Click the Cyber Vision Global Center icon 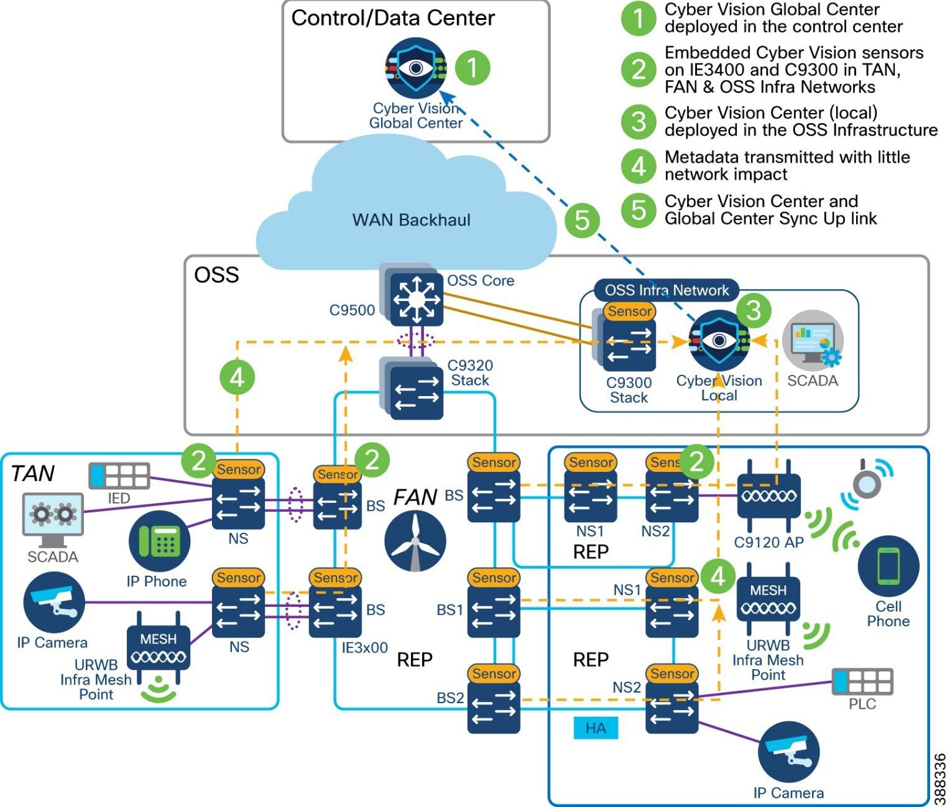coord(415,68)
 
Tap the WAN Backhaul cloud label coord(411,220)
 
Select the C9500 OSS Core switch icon coord(416,300)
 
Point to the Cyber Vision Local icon coord(719,340)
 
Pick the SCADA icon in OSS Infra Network coord(812,341)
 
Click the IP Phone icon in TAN coord(159,541)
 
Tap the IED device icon coord(119,476)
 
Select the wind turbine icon coord(415,541)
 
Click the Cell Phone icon coord(888,566)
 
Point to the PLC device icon coord(862,681)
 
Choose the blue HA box coord(596,728)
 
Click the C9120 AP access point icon coord(768,496)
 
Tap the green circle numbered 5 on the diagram coord(582,219)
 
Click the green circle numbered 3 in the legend coord(639,122)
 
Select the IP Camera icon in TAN coord(53,602)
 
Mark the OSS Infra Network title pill coord(666,290)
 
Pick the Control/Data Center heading coord(393,18)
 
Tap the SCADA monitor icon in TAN coord(53,515)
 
